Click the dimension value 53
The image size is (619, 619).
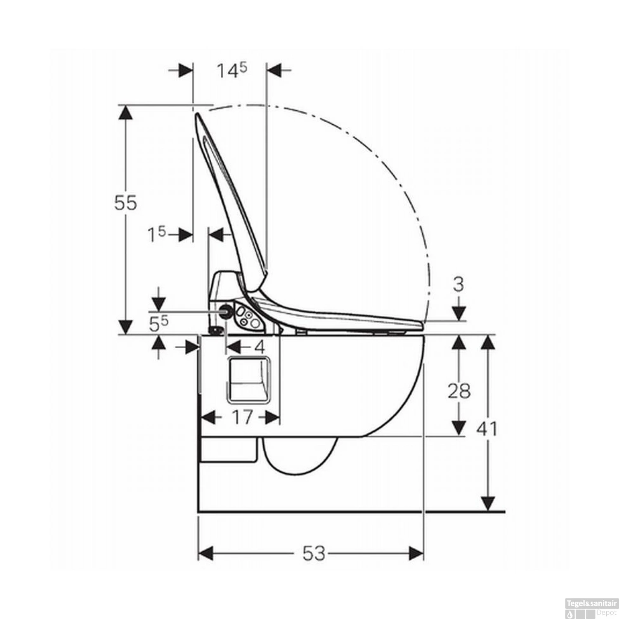[x=314, y=553]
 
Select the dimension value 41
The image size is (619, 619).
[x=487, y=429]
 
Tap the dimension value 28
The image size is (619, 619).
[x=459, y=391]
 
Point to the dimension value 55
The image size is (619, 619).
[x=125, y=203]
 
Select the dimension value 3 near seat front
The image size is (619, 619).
[x=458, y=284]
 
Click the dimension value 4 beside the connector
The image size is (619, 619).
[x=260, y=347]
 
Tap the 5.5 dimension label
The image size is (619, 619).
[x=158, y=325]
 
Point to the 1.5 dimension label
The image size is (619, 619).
[x=157, y=234]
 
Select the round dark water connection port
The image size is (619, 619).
[x=226, y=312]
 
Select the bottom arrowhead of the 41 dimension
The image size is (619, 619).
[x=488, y=504]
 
